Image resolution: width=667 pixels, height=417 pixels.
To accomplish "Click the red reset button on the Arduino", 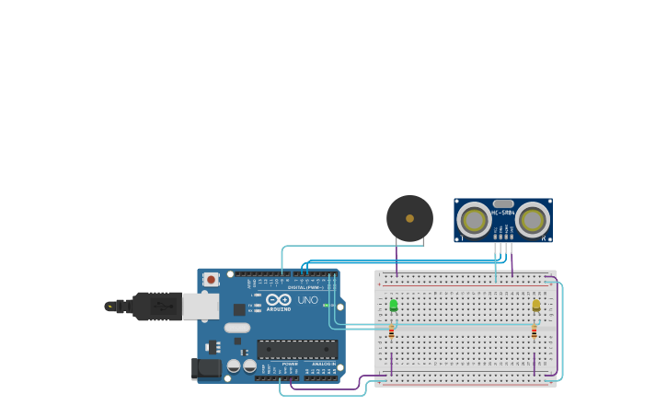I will click(x=211, y=279).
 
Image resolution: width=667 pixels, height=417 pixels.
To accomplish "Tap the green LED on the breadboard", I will click(x=393, y=305).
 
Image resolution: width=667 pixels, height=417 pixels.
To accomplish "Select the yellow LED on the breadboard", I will click(x=536, y=305).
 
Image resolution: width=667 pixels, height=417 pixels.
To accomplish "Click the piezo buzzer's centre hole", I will click(x=409, y=218).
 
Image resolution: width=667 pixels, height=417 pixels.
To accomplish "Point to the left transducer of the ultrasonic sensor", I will click(x=474, y=221).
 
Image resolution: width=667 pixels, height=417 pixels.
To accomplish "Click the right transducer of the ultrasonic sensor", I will click(x=533, y=221).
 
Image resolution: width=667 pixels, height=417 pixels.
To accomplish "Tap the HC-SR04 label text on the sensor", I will click(x=503, y=213).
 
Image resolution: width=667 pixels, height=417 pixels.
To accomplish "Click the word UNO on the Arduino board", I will click(x=308, y=300).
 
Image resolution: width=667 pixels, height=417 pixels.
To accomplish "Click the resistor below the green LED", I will click(x=391, y=330).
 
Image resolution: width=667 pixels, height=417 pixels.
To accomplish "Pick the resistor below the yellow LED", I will click(x=534, y=330).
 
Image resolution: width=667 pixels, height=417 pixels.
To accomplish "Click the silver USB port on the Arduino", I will click(x=200, y=306).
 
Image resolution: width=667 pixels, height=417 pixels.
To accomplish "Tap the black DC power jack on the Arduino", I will click(x=206, y=369).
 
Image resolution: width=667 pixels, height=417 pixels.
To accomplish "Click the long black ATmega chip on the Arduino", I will click(x=297, y=349).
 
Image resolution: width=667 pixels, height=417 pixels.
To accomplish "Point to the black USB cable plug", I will click(x=156, y=306).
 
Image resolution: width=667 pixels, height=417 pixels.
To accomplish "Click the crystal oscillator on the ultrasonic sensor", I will click(x=503, y=203).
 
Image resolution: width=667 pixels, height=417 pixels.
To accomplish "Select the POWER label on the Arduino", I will click(x=290, y=364).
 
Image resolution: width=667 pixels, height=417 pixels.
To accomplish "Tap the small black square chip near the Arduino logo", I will click(x=239, y=309).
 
